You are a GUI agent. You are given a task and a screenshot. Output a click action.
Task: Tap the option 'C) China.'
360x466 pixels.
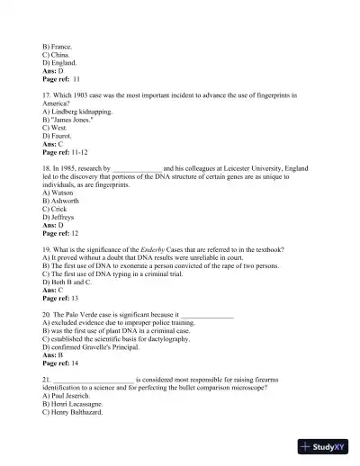coord(57,54)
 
